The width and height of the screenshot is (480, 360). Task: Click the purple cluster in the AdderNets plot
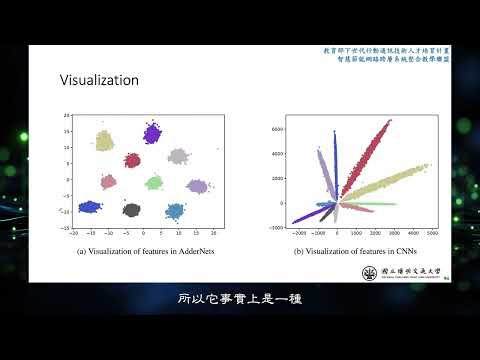[x=152, y=133]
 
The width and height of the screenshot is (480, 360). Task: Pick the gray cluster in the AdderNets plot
[x=178, y=156]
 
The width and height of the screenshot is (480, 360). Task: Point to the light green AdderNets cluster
[x=153, y=183]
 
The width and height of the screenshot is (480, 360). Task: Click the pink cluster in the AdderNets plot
[x=108, y=181]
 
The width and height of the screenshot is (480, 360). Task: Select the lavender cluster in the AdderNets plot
[x=197, y=186]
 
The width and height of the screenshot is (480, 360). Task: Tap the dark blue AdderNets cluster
[x=90, y=207]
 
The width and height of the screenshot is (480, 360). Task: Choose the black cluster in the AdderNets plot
[x=131, y=209]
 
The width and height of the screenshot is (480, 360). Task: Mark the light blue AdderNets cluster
[x=175, y=211]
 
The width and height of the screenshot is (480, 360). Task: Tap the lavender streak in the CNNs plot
[x=322, y=170]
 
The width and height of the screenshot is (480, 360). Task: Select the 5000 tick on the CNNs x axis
[x=431, y=232]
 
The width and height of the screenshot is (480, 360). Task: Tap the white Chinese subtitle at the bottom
[x=239, y=298]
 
